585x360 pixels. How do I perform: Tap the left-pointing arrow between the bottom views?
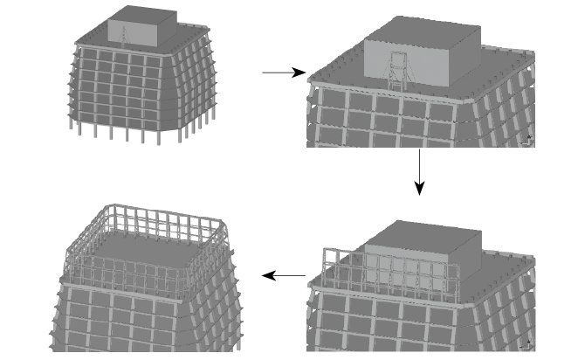pos(284,276)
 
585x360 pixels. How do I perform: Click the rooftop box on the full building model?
pos(140,27)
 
